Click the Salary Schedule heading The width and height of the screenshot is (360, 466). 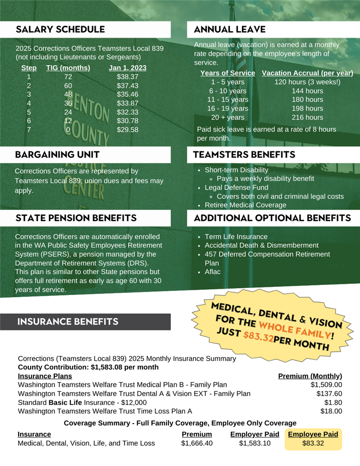pyautogui.click(x=60, y=29)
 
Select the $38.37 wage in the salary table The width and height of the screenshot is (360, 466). pyautogui.click(x=127, y=76)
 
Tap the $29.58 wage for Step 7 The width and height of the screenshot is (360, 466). pyautogui.click(x=127, y=129)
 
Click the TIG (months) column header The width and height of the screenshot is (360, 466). pyautogui.click(x=68, y=68)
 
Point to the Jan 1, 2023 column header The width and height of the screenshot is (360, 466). pyautogui.click(x=128, y=68)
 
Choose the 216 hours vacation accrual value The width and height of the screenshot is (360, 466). pyautogui.click(x=307, y=117)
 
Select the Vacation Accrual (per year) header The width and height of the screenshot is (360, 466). pyautogui.click(x=307, y=73)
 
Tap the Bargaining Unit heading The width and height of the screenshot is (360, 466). pyautogui.click(x=58, y=155)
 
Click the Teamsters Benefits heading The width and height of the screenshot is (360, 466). pyautogui.click(x=244, y=155)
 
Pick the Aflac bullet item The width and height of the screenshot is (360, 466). pyautogui.click(x=213, y=272)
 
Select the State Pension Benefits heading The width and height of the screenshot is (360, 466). pyautogui.click(x=76, y=218)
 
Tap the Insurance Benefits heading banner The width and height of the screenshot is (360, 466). pyautogui.click(x=68, y=321)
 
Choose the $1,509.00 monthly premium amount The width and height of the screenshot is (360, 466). pyautogui.click(x=326, y=384)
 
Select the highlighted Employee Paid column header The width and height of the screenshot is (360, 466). pyautogui.click(x=313, y=434)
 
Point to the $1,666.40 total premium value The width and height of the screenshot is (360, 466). pyautogui.click(x=197, y=443)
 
